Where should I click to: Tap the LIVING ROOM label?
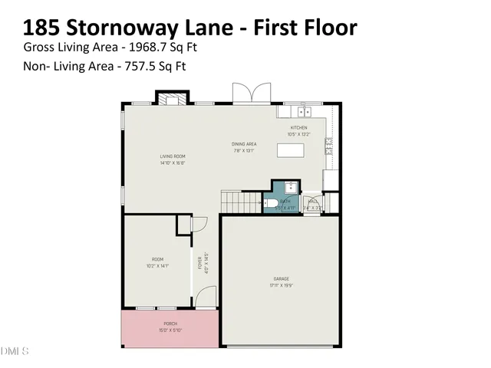pyautogui.click(x=173, y=156)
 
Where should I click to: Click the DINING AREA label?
pyautogui.click(x=244, y=143)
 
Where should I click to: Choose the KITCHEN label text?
pyautogui.click(x=298, y=127)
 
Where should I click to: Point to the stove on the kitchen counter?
pyautogui.click(x=328, y=146)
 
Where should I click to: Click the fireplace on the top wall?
pyautogui.click(x=173, y=97)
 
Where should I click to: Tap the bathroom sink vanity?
pyautogui.click(x=289, y=187)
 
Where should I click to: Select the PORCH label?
pyautogui.click(x=170, y=324)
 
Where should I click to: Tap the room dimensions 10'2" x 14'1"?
pyautogui.click(x=159, y=266)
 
